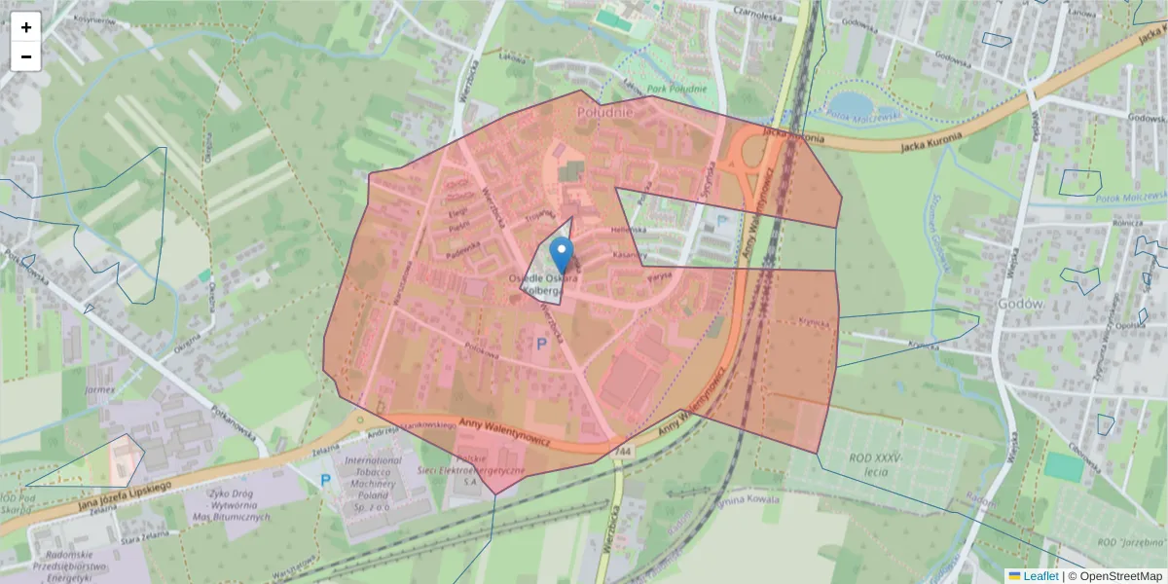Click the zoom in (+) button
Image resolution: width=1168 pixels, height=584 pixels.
click(26, 27)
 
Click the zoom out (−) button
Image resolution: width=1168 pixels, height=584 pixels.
click(26, 56)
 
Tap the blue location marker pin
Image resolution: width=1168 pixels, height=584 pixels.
click(562, 255)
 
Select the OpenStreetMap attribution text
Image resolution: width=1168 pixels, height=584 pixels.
click(1120, 576)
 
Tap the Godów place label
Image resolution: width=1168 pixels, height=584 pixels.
click(1021, 303)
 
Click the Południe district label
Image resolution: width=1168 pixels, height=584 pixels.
click(605, 112)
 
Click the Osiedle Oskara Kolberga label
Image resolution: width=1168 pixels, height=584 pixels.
click(543, 284)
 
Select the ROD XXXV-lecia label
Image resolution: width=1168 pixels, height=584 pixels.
click(876, 463)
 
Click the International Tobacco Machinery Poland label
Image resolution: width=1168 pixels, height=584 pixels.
click(373, 476)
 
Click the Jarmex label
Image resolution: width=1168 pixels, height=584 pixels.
click(99, 389)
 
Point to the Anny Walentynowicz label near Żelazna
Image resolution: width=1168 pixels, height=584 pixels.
click(506, 434)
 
